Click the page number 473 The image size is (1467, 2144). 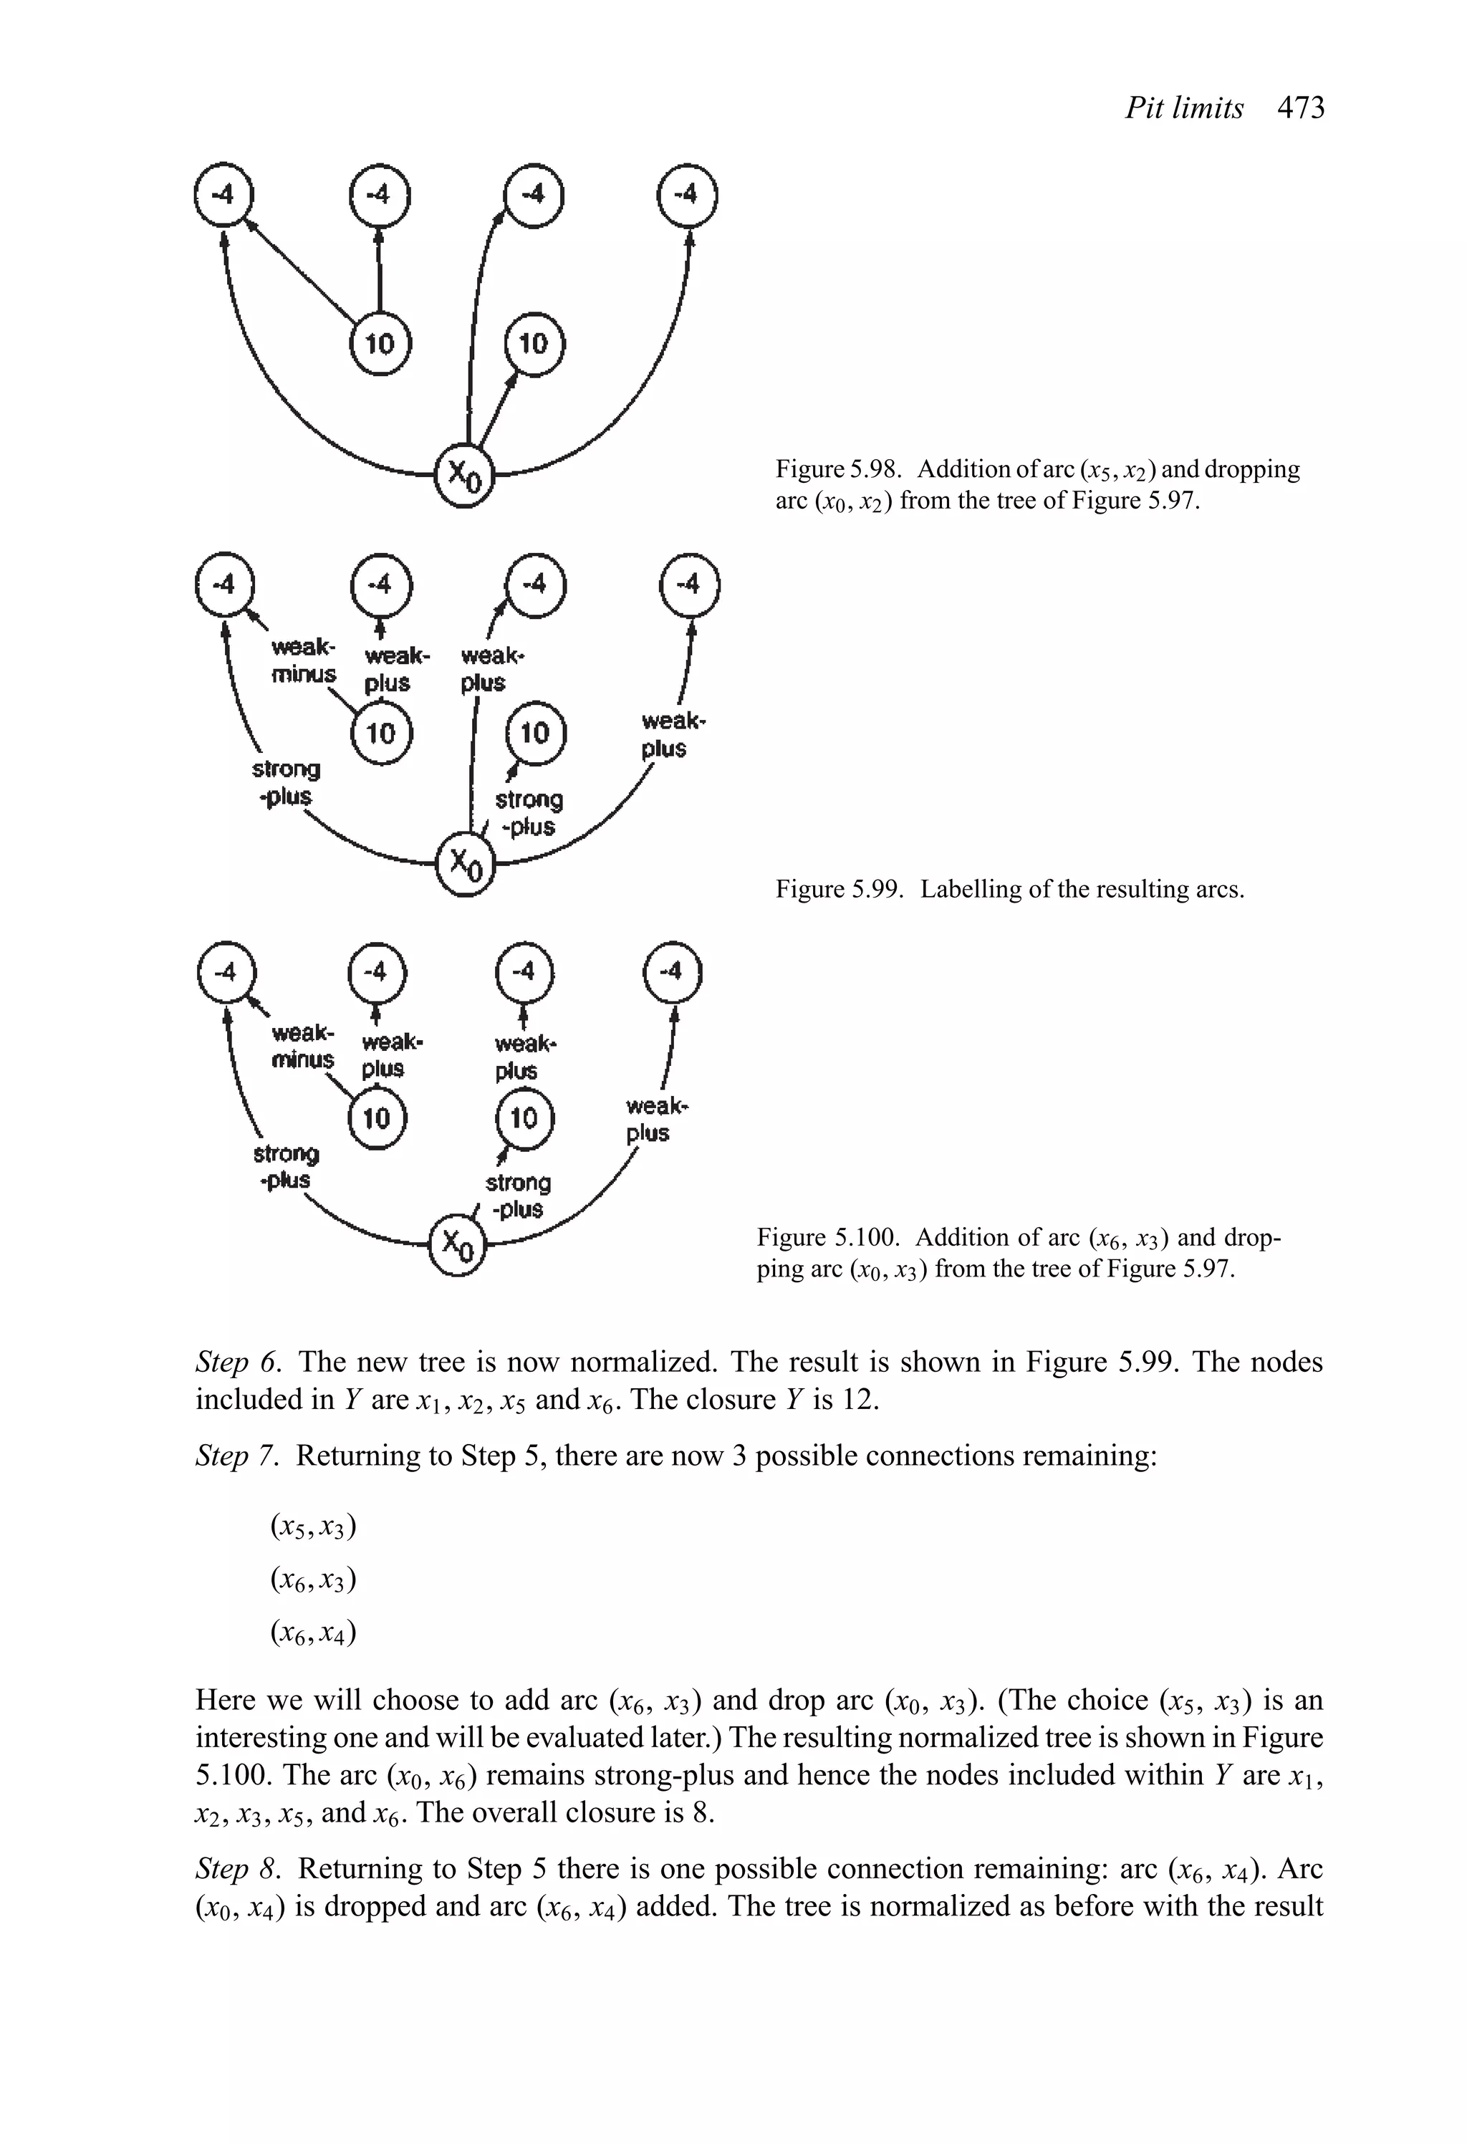coord(1301,108)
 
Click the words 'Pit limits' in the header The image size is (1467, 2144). coord(1184,108)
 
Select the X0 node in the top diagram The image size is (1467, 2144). coord(465,475)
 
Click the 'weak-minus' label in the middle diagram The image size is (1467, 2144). coord(304,660)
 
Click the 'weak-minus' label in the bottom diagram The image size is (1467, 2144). coord(302,1045)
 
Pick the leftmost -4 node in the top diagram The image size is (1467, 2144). coord(223,196)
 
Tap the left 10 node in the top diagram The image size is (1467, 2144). coord(380,344)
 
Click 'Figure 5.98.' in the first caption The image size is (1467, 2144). coord(837,470)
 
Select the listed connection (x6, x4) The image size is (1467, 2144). coord(313,1633)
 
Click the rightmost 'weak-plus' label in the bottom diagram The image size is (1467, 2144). coord(656,1118)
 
